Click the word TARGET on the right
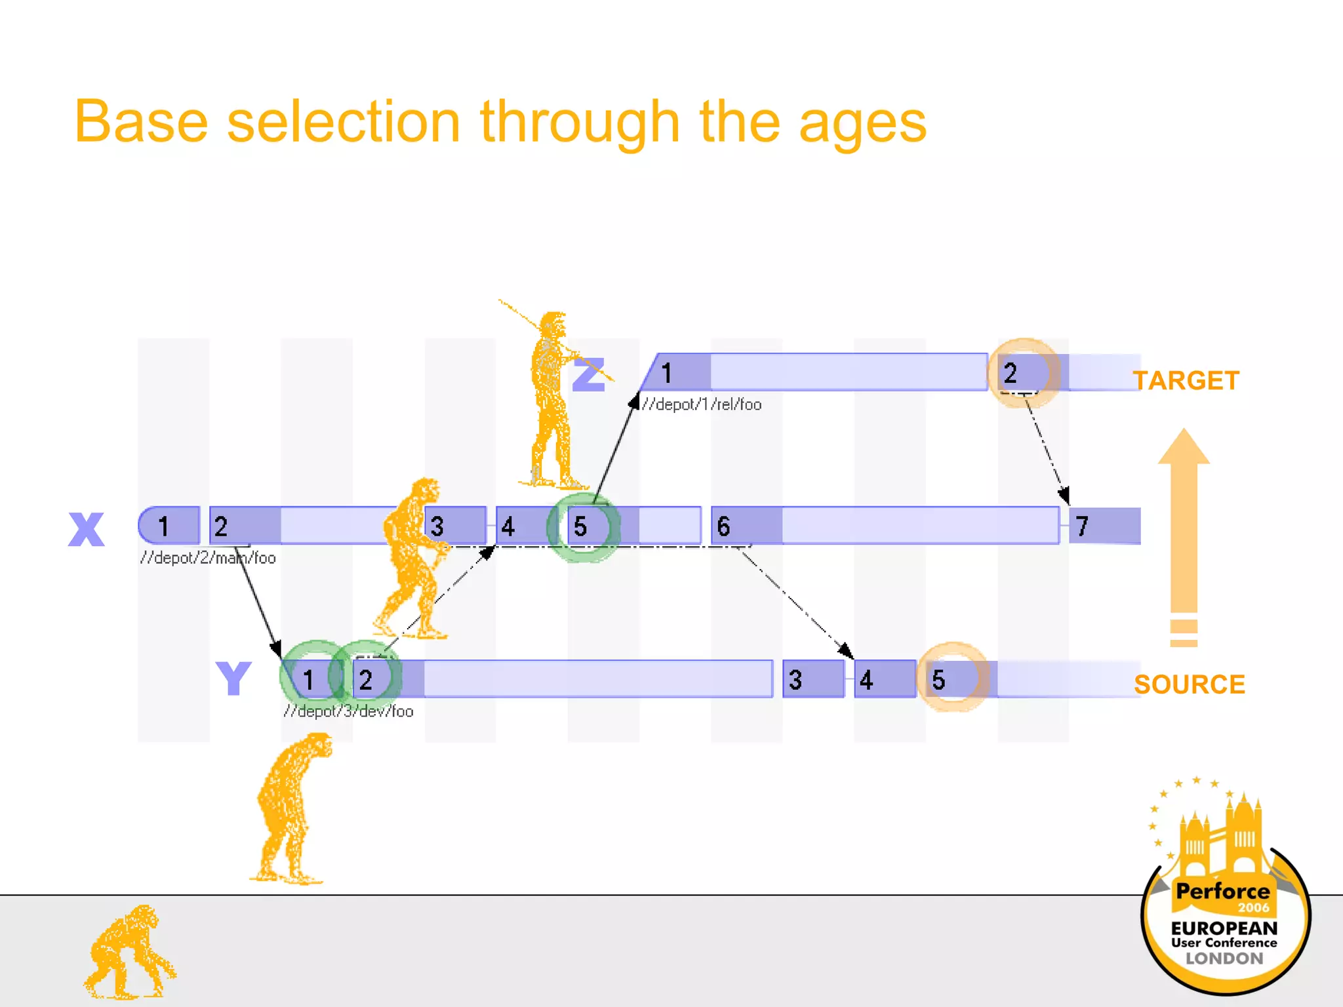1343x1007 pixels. pyautogui.click(x=1186, y=381)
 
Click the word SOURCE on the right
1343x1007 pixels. pyautogui.click(x=1189, y=684)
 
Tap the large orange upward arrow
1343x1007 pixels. pyautogui.click(x=1184, y=524)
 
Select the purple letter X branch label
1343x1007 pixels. pyautogui.click(x=86, y=529)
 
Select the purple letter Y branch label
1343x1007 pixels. pyautogui.click(x=233, y=679)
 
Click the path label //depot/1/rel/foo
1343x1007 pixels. pyautogui.click(x=702, y=405)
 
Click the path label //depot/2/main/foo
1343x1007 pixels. pyautogui.click(x=208, y=558)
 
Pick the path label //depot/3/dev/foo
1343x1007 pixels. pyautogui.click(x=348, y=711)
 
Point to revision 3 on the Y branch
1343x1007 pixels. pyautogui.click(x=796, y=679)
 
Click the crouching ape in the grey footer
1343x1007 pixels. pyautogui.click(x=129, y=954)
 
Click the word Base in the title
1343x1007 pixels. pyautogui.click(x=141, y=122)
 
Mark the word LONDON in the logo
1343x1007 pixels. pyautogui.click(x=1224, y=958)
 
